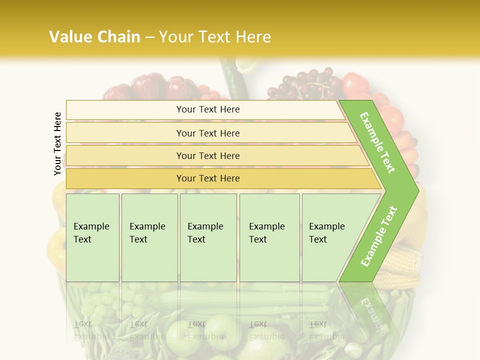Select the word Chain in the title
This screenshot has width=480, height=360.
click(x=119, y=37)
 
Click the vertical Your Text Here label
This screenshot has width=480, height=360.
click(x=57, y=144)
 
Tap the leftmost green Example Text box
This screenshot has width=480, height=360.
click(x=92, y=237)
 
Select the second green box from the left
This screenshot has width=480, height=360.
click(x=149, y=237)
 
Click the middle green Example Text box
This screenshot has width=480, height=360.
click(x=208, y=237)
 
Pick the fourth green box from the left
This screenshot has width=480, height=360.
click(x=269, y=237)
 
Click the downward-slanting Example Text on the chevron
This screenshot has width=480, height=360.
click(x=377, y=142)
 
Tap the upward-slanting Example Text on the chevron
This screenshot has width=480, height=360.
click(x=379, y=236)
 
